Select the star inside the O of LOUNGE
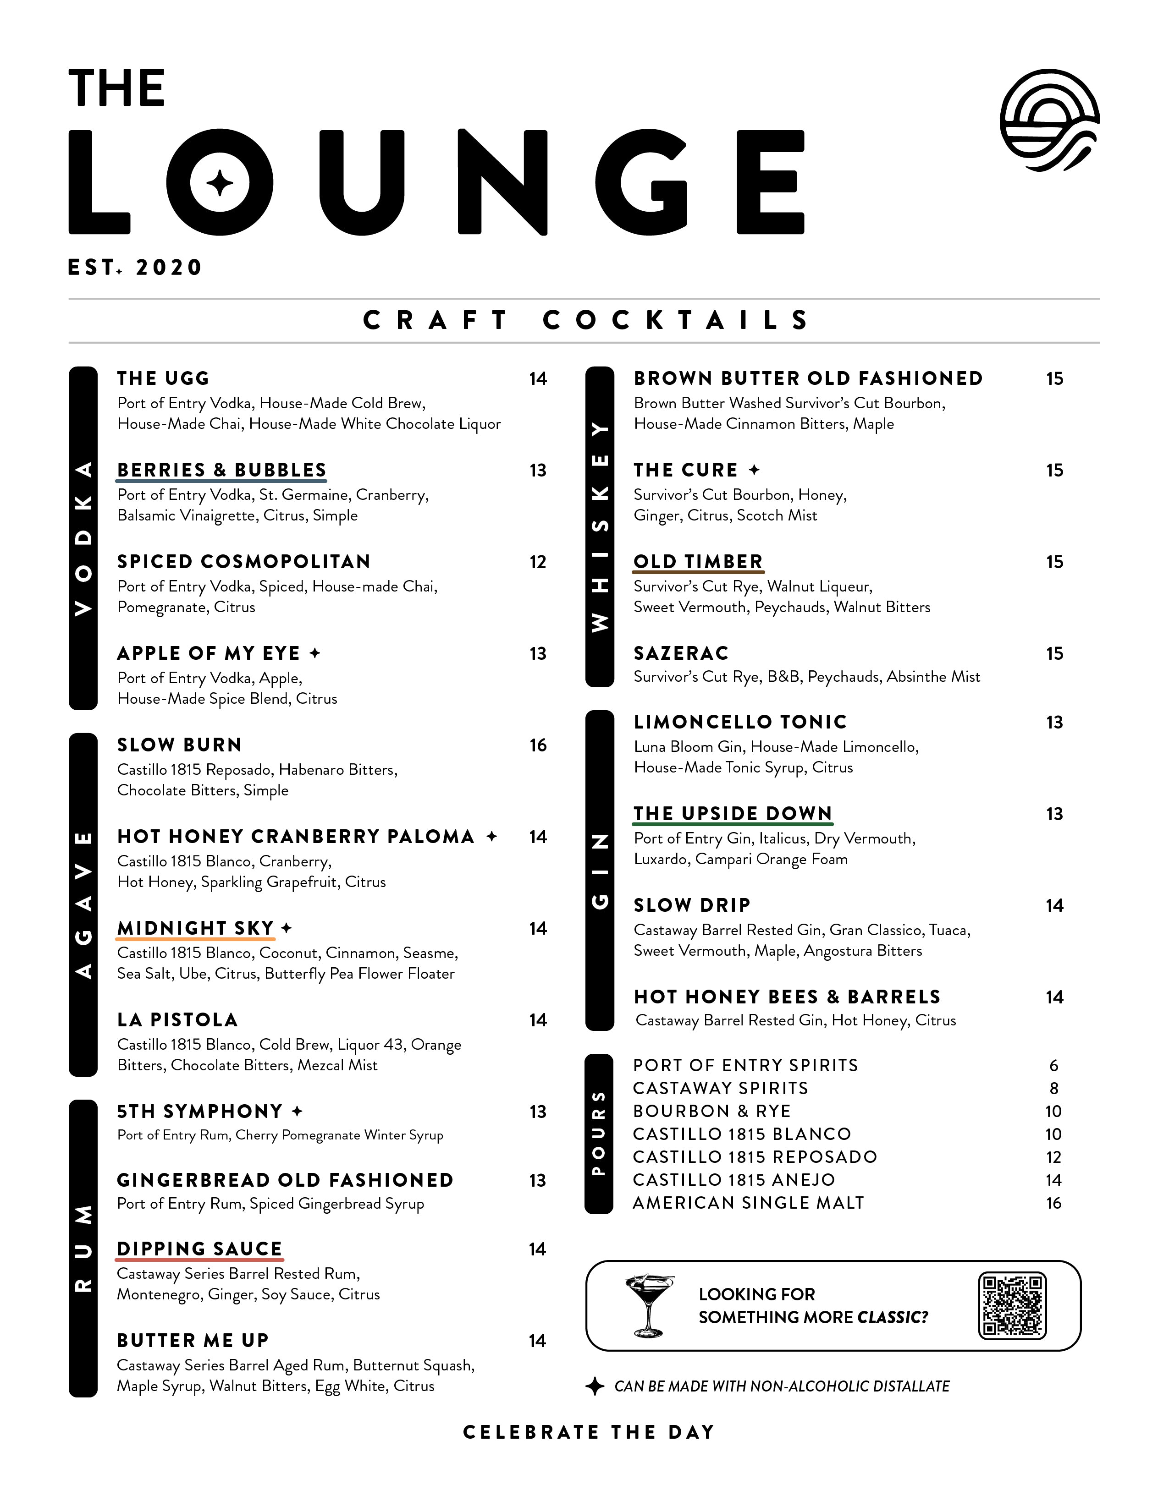[220, 183]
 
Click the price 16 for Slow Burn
[538, 745]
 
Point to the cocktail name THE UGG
[164, 379]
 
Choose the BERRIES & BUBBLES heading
[221, 470]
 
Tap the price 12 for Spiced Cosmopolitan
[538, 562]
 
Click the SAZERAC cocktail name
[681, 653]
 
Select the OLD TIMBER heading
[698, 562]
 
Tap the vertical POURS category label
[599, 1133]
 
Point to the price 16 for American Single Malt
[1053, 1203]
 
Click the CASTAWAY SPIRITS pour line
[720, 1088]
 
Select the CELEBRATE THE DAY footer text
[589, 1432]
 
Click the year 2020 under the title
[169, 267]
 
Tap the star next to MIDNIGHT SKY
[287, 928]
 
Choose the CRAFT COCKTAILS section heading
[585, 321]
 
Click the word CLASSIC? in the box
[893, 1317]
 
